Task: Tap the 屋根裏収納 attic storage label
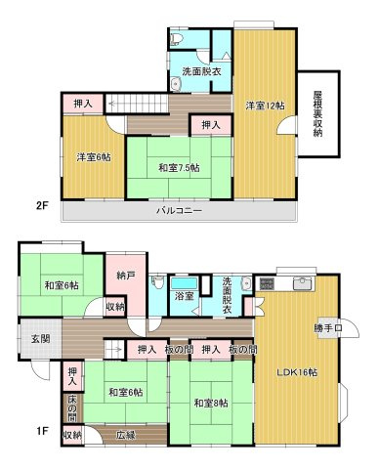pos(317,114)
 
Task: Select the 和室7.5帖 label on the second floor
pos(180,166)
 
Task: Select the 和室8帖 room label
pos(209,403)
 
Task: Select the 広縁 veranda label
pos(126,434)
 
